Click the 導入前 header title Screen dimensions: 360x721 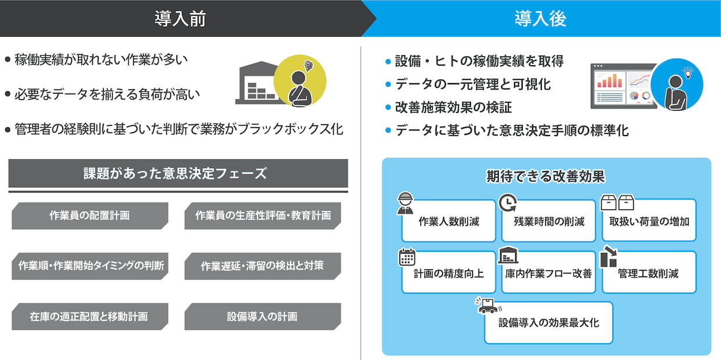(180, 19)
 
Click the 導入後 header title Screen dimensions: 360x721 (540, 19)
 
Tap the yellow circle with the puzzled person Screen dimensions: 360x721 (300, 81)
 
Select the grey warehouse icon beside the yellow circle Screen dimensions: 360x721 (256, 84)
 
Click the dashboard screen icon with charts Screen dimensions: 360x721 (619, 86)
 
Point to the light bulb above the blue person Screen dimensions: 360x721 (689, 73)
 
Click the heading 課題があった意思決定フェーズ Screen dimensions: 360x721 (178, 173)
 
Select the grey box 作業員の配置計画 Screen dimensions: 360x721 (90, 216)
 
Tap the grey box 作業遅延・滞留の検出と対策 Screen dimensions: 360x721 (262, 266)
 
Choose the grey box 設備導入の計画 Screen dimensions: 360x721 (262, 316)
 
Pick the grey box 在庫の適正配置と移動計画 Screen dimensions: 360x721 (90, 316)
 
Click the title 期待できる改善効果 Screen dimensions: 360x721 (546, 176)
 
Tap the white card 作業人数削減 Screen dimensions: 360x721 (448, 222)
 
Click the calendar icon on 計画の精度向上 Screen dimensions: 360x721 (407, 257)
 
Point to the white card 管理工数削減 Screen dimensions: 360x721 (648, 273)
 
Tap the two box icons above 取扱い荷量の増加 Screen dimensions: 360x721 (617, 202)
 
